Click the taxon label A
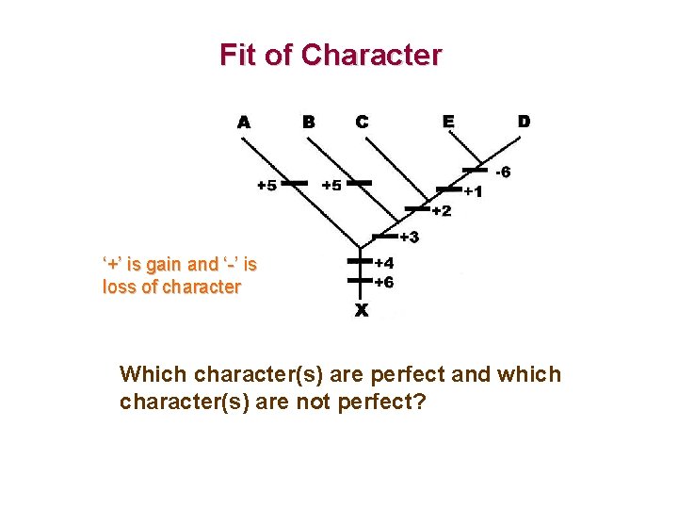tap(244, 122)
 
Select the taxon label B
tap(308, 121)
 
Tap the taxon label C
tap(362, 121)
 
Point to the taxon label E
tap(449, 121)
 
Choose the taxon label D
tap(524, 121)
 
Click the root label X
tap(361, 309)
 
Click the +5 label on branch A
tap(266, 185)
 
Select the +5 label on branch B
tap(331, 185)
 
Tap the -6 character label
tap(504, 172)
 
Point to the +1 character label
tap(473, 191)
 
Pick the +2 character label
tap(441, 210)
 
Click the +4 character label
tap(383, 264)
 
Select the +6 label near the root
tap(383, 282)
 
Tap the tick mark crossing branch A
tap(296, 183)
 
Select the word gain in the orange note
tap(169, 265)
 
